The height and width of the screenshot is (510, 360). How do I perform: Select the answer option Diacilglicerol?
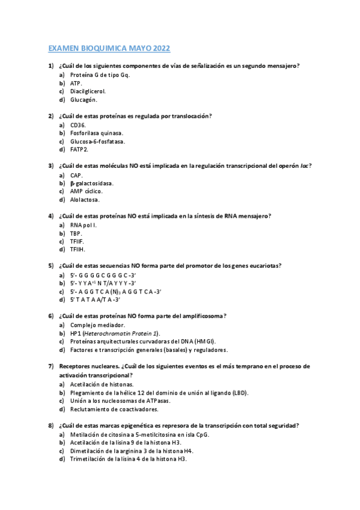(x=88, y=91)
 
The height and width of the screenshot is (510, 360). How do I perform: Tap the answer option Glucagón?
(x=84, y=100)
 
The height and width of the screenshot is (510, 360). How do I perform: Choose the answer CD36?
(x=78, y=124)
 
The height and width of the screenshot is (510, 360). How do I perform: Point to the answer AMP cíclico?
(x=86, y=191)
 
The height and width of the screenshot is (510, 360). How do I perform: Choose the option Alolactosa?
(x=85, y=200)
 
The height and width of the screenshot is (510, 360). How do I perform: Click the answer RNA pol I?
(x=83, y=224)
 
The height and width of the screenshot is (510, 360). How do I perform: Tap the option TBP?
(x=76, y=233)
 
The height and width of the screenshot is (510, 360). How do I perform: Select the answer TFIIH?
(x=78, y=250)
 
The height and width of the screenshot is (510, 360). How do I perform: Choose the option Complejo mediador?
(x=97, y=324)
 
